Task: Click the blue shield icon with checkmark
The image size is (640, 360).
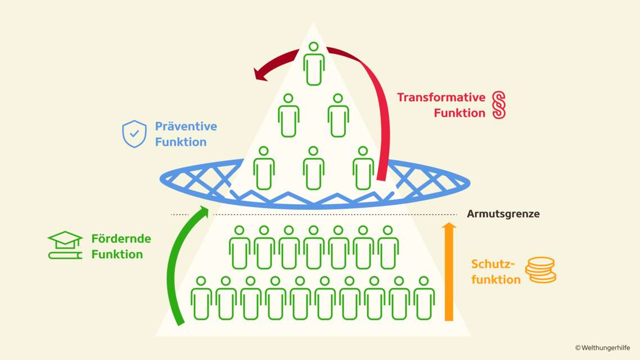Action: pos(134,134)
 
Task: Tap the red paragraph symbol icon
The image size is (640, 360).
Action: pos(499,105)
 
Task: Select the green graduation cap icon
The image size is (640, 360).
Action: pos(65,245)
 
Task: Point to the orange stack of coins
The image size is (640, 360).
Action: pos(540,270)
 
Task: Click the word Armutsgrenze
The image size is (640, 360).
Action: pos(503,214)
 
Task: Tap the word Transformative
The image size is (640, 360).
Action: pos(441,97)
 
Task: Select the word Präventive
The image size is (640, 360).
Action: pos(186,127)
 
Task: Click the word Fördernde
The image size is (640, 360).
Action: pos(121,238)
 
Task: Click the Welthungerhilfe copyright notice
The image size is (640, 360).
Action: pos(604,348)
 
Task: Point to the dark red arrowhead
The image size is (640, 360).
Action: pos(262,74)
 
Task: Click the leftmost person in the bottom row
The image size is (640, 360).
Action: pos(201,298)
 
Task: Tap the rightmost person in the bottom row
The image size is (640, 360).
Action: pos(424,298)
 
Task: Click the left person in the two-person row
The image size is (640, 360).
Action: pos(289,116)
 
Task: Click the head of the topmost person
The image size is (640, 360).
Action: pos(314,46)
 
